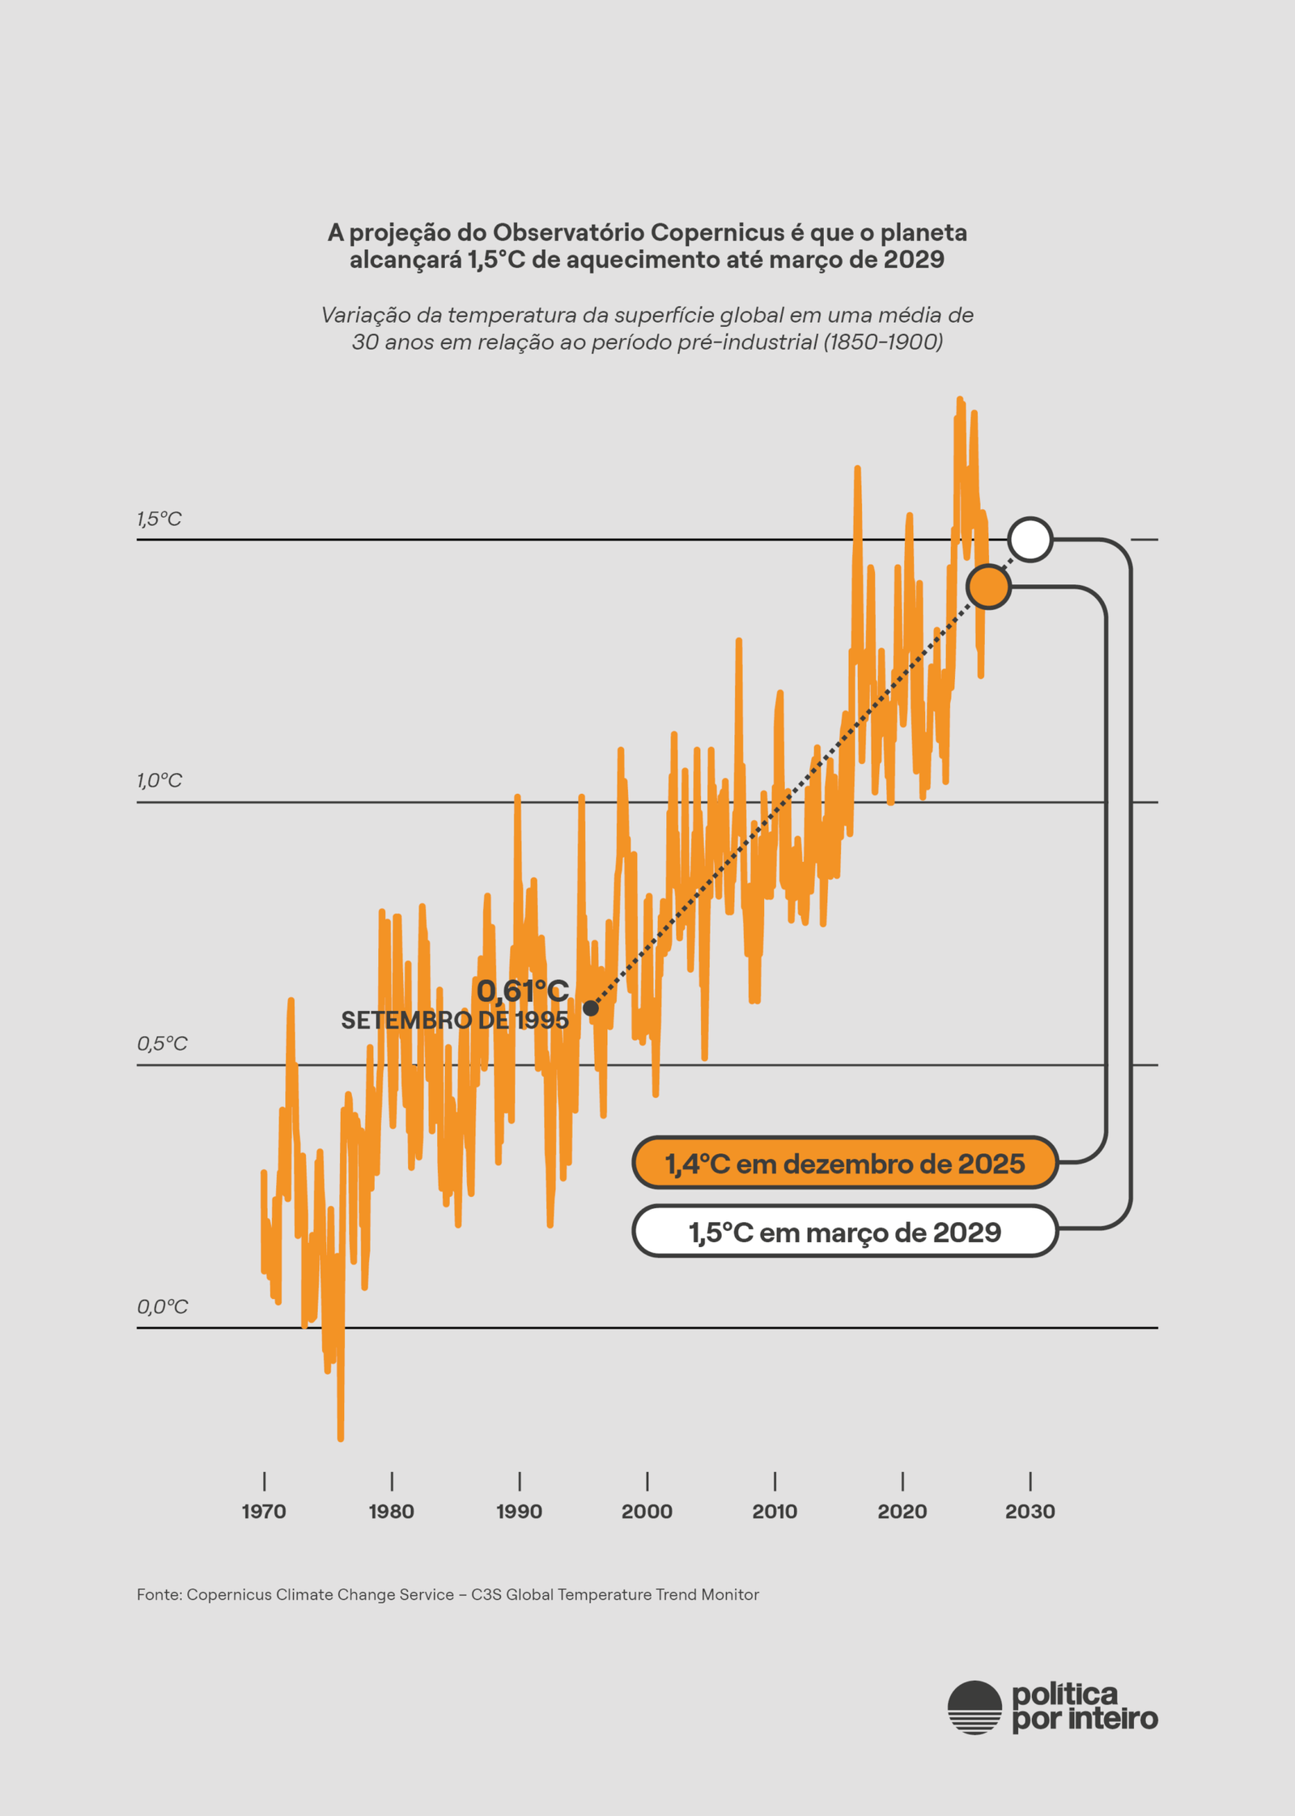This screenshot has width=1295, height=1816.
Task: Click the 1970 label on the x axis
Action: tap(264, 1511)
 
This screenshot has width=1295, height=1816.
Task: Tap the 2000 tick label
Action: tap(647, 1511)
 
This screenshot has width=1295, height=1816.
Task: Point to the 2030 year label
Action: tap(1030, 1511)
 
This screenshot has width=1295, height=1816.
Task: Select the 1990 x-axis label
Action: tap(519, 1511)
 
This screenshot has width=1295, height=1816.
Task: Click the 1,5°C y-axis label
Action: tap(159, 519)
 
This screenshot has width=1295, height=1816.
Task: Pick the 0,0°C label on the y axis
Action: tap(162, 1306)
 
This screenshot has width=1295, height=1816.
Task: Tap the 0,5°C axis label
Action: tap(162, 1043)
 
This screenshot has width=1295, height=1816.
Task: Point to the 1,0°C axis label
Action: tap(159, 780)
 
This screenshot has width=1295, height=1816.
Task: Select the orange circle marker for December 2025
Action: tap(988, 587)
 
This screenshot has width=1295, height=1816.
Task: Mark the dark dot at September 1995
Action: tap(591, 1008)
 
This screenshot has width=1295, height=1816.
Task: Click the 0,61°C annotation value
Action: tap(523, 991)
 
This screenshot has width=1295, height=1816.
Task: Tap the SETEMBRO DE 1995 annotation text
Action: tap(455, 1020)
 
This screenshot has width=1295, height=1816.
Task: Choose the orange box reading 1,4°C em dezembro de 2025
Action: tap(845, 1163)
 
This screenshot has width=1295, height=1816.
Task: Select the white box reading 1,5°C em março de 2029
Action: tap(845, 1232)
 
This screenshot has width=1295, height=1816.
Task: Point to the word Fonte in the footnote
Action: tap(159, 1594)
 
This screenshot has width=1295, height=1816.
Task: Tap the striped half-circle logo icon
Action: tap(974, 1708)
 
